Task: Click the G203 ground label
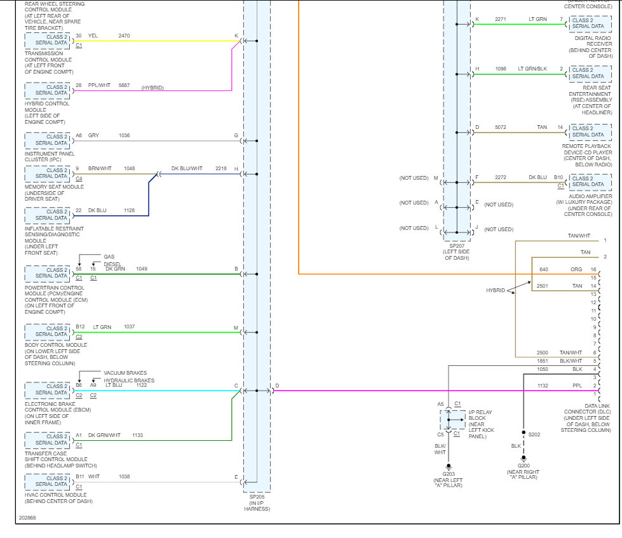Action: [x=449, y=473]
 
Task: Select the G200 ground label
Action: [x=524, y=466]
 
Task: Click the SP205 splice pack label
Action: [x=257, y=497]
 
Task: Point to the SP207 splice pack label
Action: [x=457, y=246]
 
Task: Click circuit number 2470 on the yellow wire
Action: [x=124, y=36]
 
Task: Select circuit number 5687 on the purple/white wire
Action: [x=124, y=85]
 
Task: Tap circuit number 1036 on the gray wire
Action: [x=124, y=135]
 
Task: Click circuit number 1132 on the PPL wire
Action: [x=542, y=386]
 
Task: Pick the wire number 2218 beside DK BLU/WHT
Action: [x=220, y=169]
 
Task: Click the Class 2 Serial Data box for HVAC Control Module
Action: [x=51, y=481]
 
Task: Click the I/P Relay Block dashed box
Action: [x=452, y=420]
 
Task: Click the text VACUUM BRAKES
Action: [x=125, y=373]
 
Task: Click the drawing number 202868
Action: [x=27, y=518]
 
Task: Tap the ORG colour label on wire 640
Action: [x=576, y=269]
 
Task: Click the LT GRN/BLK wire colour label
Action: [x=532, y=69]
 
